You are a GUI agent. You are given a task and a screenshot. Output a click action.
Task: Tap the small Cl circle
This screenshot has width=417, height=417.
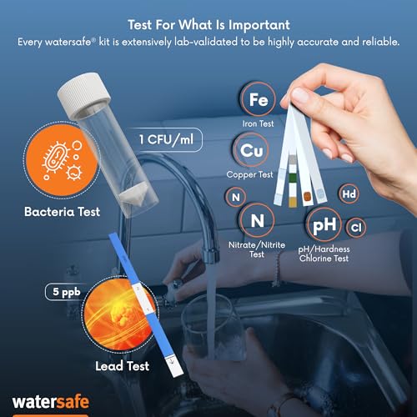pos(355,226)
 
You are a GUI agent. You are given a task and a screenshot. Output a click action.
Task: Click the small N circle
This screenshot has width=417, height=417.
pos(236,196)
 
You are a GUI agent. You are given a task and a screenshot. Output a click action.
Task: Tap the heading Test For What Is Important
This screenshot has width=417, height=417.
pos(208,23)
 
